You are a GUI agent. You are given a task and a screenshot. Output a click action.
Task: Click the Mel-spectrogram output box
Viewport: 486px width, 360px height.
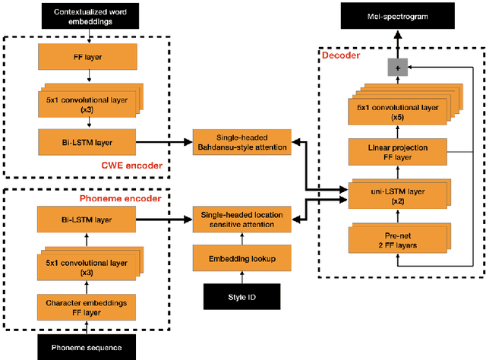(402, 15)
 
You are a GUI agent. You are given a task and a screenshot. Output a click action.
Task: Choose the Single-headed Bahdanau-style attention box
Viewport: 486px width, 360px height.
(241, 142)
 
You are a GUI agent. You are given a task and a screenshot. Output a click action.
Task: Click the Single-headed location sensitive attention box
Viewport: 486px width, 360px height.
(241, 219)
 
